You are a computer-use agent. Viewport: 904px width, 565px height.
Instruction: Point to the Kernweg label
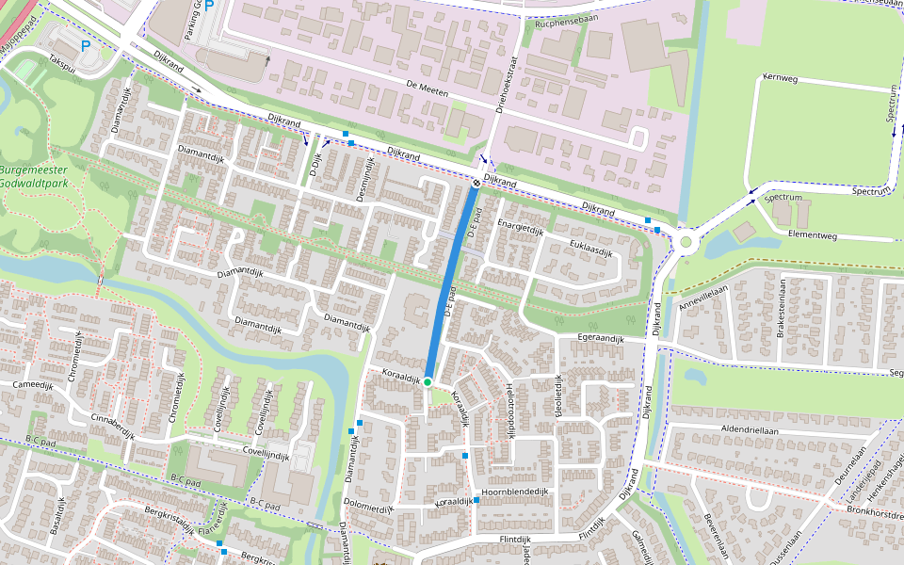click(780, 78)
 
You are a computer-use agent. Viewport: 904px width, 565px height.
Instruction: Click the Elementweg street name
click(813, 234)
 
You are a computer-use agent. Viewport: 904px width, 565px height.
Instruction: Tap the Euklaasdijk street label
click(590, 249)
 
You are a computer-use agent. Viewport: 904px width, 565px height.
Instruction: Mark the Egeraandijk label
click(601, 336)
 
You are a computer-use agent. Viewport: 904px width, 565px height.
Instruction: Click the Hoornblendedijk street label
click(514, 492)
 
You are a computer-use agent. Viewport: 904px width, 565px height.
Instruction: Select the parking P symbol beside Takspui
click(86, 45)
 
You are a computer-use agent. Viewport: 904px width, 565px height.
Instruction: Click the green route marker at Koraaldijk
click(427, 381)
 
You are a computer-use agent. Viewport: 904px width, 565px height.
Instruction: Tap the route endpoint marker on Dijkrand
click(476, 184)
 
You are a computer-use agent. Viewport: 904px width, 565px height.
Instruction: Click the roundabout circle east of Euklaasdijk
click(686, 242)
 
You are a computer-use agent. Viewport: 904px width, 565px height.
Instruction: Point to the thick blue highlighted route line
click(452, 282)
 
